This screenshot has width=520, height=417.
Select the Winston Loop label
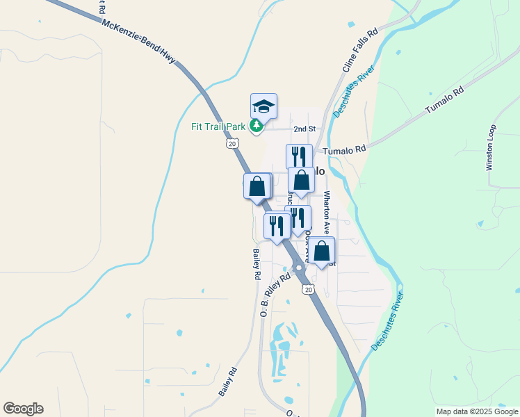click(x=491, y=147)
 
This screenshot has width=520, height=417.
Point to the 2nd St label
click(x=304, y=129)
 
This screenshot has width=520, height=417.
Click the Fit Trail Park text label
click(x=219, y=126)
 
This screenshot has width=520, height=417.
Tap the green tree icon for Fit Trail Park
click(x=257, y=125)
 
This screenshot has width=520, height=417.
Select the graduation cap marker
click(x=263, y=106)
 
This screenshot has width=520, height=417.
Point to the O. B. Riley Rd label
click(x=275, y=295)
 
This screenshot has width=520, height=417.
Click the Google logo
click(x=23, y=409)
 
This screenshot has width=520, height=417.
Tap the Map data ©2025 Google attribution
click(x=476, y=411)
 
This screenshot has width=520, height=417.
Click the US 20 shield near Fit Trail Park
click(x=232, y=143)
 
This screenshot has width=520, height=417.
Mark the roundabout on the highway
click(x=299, y=268)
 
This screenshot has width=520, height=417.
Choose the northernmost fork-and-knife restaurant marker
click(x=299, y=156)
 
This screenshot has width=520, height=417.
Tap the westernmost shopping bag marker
click(x=257, y=186)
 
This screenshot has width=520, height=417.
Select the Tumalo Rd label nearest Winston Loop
click(x=444, y=102)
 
